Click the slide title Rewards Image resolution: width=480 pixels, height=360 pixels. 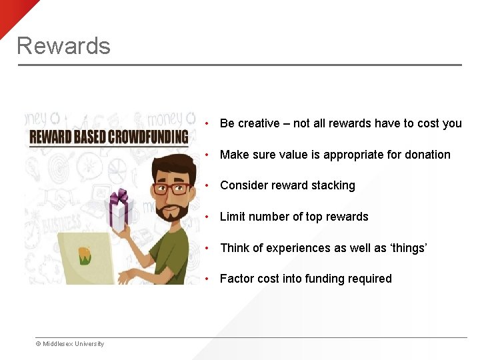[63, 45]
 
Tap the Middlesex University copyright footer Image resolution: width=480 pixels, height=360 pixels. [70, 344]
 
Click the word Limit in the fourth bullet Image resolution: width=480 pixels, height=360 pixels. [233, 217]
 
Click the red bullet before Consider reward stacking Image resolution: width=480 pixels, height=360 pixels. [209, 186]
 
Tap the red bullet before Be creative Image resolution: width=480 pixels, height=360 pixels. [209, 124]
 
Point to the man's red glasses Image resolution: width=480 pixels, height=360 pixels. [173, 188]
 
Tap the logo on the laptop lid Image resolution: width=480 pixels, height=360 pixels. [85, 255]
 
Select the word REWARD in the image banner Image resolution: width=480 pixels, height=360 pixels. [51, 138]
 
